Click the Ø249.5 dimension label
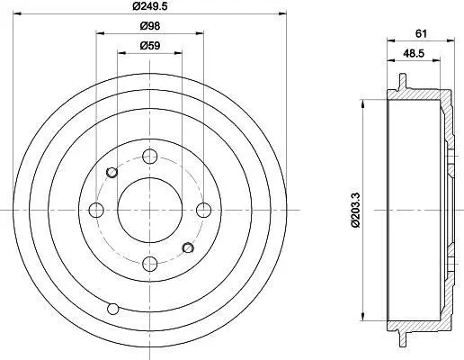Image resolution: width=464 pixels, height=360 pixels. tap(150, 5)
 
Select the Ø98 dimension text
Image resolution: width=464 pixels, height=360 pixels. tap(150, 26)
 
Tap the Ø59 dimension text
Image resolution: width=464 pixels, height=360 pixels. tap(150, 46)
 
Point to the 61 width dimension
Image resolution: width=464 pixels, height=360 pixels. tap(421, 33)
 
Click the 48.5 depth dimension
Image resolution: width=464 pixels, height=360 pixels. tap(414, 53)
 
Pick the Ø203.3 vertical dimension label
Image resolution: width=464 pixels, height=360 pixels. tap(355, 210)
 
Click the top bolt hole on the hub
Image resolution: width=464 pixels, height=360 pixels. tap(150, 156)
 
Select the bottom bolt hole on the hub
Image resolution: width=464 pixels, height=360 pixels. tap(150, 264)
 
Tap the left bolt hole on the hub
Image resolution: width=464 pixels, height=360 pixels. tap(96, 210)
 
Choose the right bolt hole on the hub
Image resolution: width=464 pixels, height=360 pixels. tap(203, 210)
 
